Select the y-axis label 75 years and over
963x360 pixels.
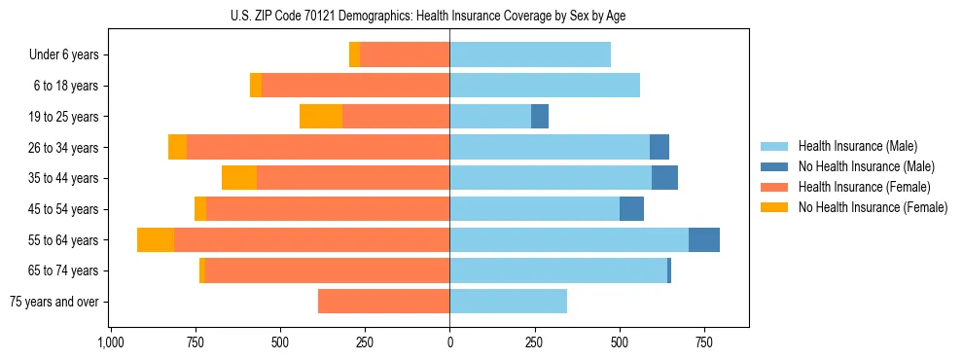tap(54, 302)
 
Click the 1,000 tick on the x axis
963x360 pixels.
tap(110, 342)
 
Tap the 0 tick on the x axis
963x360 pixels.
tap(449, 342)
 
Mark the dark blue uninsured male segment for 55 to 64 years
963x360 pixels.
tap(704, 239)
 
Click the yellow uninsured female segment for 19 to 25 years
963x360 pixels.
tap(321, 117)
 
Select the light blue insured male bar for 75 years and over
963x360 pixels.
tap(508, 302)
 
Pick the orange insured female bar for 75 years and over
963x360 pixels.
tap(383, 302)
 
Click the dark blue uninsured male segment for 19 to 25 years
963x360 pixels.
tap(540, 117)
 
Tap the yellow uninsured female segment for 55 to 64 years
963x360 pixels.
tap(156, 239)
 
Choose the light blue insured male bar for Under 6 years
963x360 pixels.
tap(530, 55)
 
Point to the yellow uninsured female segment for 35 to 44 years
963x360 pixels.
tap(239, 178)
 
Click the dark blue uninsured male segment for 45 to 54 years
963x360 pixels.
tap(631, 209)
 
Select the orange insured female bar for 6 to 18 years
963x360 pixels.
tap(355, 86)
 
